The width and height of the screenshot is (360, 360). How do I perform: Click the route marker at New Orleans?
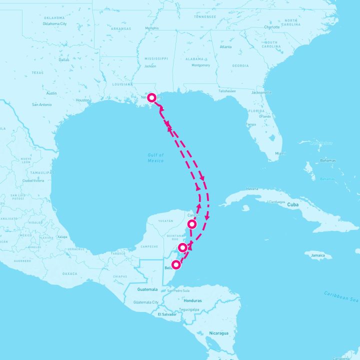coord(151,97)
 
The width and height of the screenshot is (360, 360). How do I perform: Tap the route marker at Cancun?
coord(191,223)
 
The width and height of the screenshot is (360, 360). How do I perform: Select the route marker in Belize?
coord(176,264)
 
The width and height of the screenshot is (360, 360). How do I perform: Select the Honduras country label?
coord(192,300)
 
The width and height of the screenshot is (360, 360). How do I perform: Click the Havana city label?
coord(252,189)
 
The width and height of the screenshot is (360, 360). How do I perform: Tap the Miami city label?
coord(280,153)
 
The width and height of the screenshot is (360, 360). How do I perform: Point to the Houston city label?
coord(82,100)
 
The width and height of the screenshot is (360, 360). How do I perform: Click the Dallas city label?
coord(64,59)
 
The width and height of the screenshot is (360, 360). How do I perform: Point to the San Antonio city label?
coord(41,104)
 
